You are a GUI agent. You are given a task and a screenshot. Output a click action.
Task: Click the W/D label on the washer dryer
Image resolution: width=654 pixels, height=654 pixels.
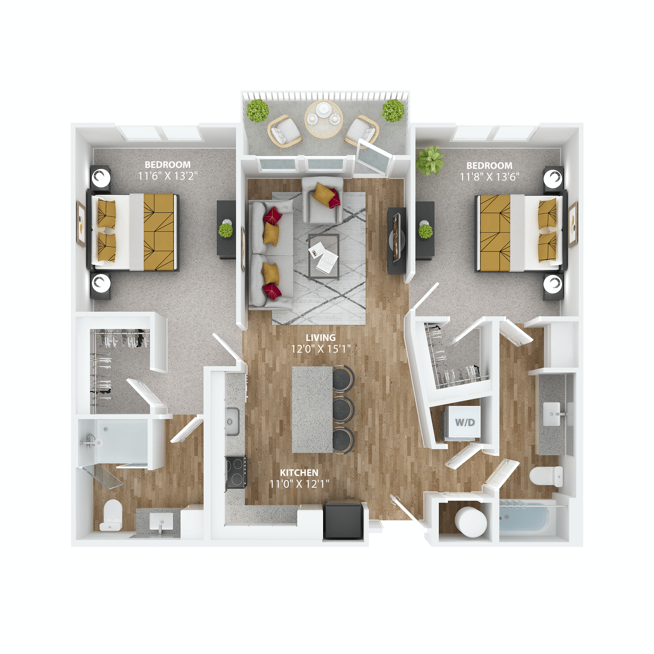click(465, 422)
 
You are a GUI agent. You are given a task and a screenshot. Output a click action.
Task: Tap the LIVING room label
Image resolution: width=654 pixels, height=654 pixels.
click(320, 337)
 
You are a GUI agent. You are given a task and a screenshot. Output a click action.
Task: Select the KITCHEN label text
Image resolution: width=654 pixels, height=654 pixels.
click(299, 473)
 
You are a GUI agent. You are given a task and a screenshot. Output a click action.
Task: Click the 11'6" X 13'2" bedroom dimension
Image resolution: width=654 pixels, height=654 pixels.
click(168, 176)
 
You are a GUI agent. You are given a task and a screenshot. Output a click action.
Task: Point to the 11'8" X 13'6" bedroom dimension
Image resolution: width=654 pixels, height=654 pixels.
click(489, 177)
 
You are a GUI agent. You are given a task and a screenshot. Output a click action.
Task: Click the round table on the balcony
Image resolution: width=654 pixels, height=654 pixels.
click(324, 119)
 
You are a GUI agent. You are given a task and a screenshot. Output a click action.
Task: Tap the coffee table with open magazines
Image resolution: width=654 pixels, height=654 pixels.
click(324, 256)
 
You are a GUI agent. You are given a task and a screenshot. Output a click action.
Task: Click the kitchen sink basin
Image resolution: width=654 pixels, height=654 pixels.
click(232, 422)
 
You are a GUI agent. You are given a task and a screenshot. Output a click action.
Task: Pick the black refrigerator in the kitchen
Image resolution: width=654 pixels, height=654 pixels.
click(343, 520)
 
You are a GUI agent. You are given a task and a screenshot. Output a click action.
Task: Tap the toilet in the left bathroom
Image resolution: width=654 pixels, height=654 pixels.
click(112, 515)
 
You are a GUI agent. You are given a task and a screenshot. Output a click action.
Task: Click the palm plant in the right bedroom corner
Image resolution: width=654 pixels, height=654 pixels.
click(430, 160)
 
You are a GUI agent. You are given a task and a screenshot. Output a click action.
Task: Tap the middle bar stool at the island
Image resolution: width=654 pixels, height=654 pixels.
click(343, 410)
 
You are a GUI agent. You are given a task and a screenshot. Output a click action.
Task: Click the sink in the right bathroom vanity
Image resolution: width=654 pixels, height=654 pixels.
click(551, 414)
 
